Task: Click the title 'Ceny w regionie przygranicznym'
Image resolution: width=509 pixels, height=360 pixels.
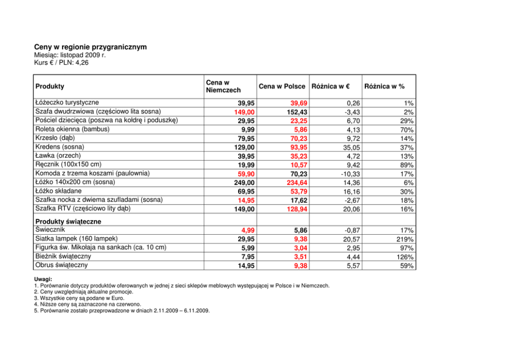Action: coord(90,47)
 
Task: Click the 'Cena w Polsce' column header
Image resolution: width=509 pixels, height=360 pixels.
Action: coord(282,86)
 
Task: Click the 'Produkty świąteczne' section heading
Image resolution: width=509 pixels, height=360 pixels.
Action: coord(68,221)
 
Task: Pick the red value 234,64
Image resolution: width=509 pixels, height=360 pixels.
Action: coord(297,182)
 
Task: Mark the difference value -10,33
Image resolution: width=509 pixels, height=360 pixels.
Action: coord(348,174)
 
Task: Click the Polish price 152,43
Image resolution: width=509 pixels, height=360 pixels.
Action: coord(297,112)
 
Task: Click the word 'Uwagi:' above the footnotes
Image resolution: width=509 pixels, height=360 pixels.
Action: coord(43,279)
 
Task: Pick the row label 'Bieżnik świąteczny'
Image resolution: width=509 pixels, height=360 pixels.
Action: coord(63,257)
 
